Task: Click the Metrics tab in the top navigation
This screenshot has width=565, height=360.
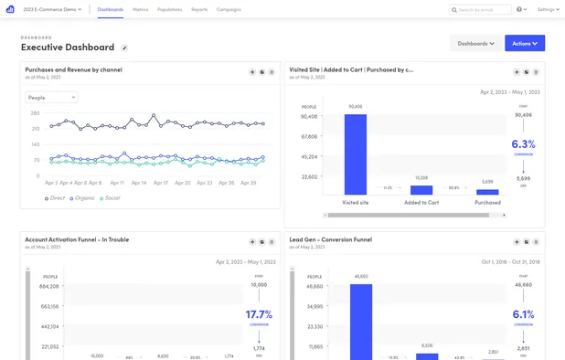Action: [x=140, y=9]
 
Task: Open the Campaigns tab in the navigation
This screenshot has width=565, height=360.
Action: [x=229, y=9]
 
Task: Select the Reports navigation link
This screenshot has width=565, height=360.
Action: [x=199, y=9]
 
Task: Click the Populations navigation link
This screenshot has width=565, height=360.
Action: [x=170, y=9]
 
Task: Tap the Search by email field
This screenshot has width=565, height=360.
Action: [x=483, y=9]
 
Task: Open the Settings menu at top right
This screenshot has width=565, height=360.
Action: [x=548, y=9]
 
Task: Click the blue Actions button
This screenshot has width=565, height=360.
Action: [x=524, y=43]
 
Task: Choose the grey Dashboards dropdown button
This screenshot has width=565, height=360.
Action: [x=475, y=43]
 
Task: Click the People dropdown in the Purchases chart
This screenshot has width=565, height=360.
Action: [x=51, y=97]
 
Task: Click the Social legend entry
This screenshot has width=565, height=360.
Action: [x=111, y=197]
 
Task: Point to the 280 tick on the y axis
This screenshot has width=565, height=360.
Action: [x=35, y=113]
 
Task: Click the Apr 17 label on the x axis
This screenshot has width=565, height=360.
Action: [x=161, y=183]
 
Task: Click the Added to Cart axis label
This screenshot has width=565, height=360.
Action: [x=421, y=202]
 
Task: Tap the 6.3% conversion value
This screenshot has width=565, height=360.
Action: [x=523, y=144]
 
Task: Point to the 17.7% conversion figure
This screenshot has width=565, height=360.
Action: [x=259, y=314]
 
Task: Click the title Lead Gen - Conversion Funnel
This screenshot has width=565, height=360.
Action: [x=330, y=239]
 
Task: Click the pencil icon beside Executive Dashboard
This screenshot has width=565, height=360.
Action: [x=124, y=48]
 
